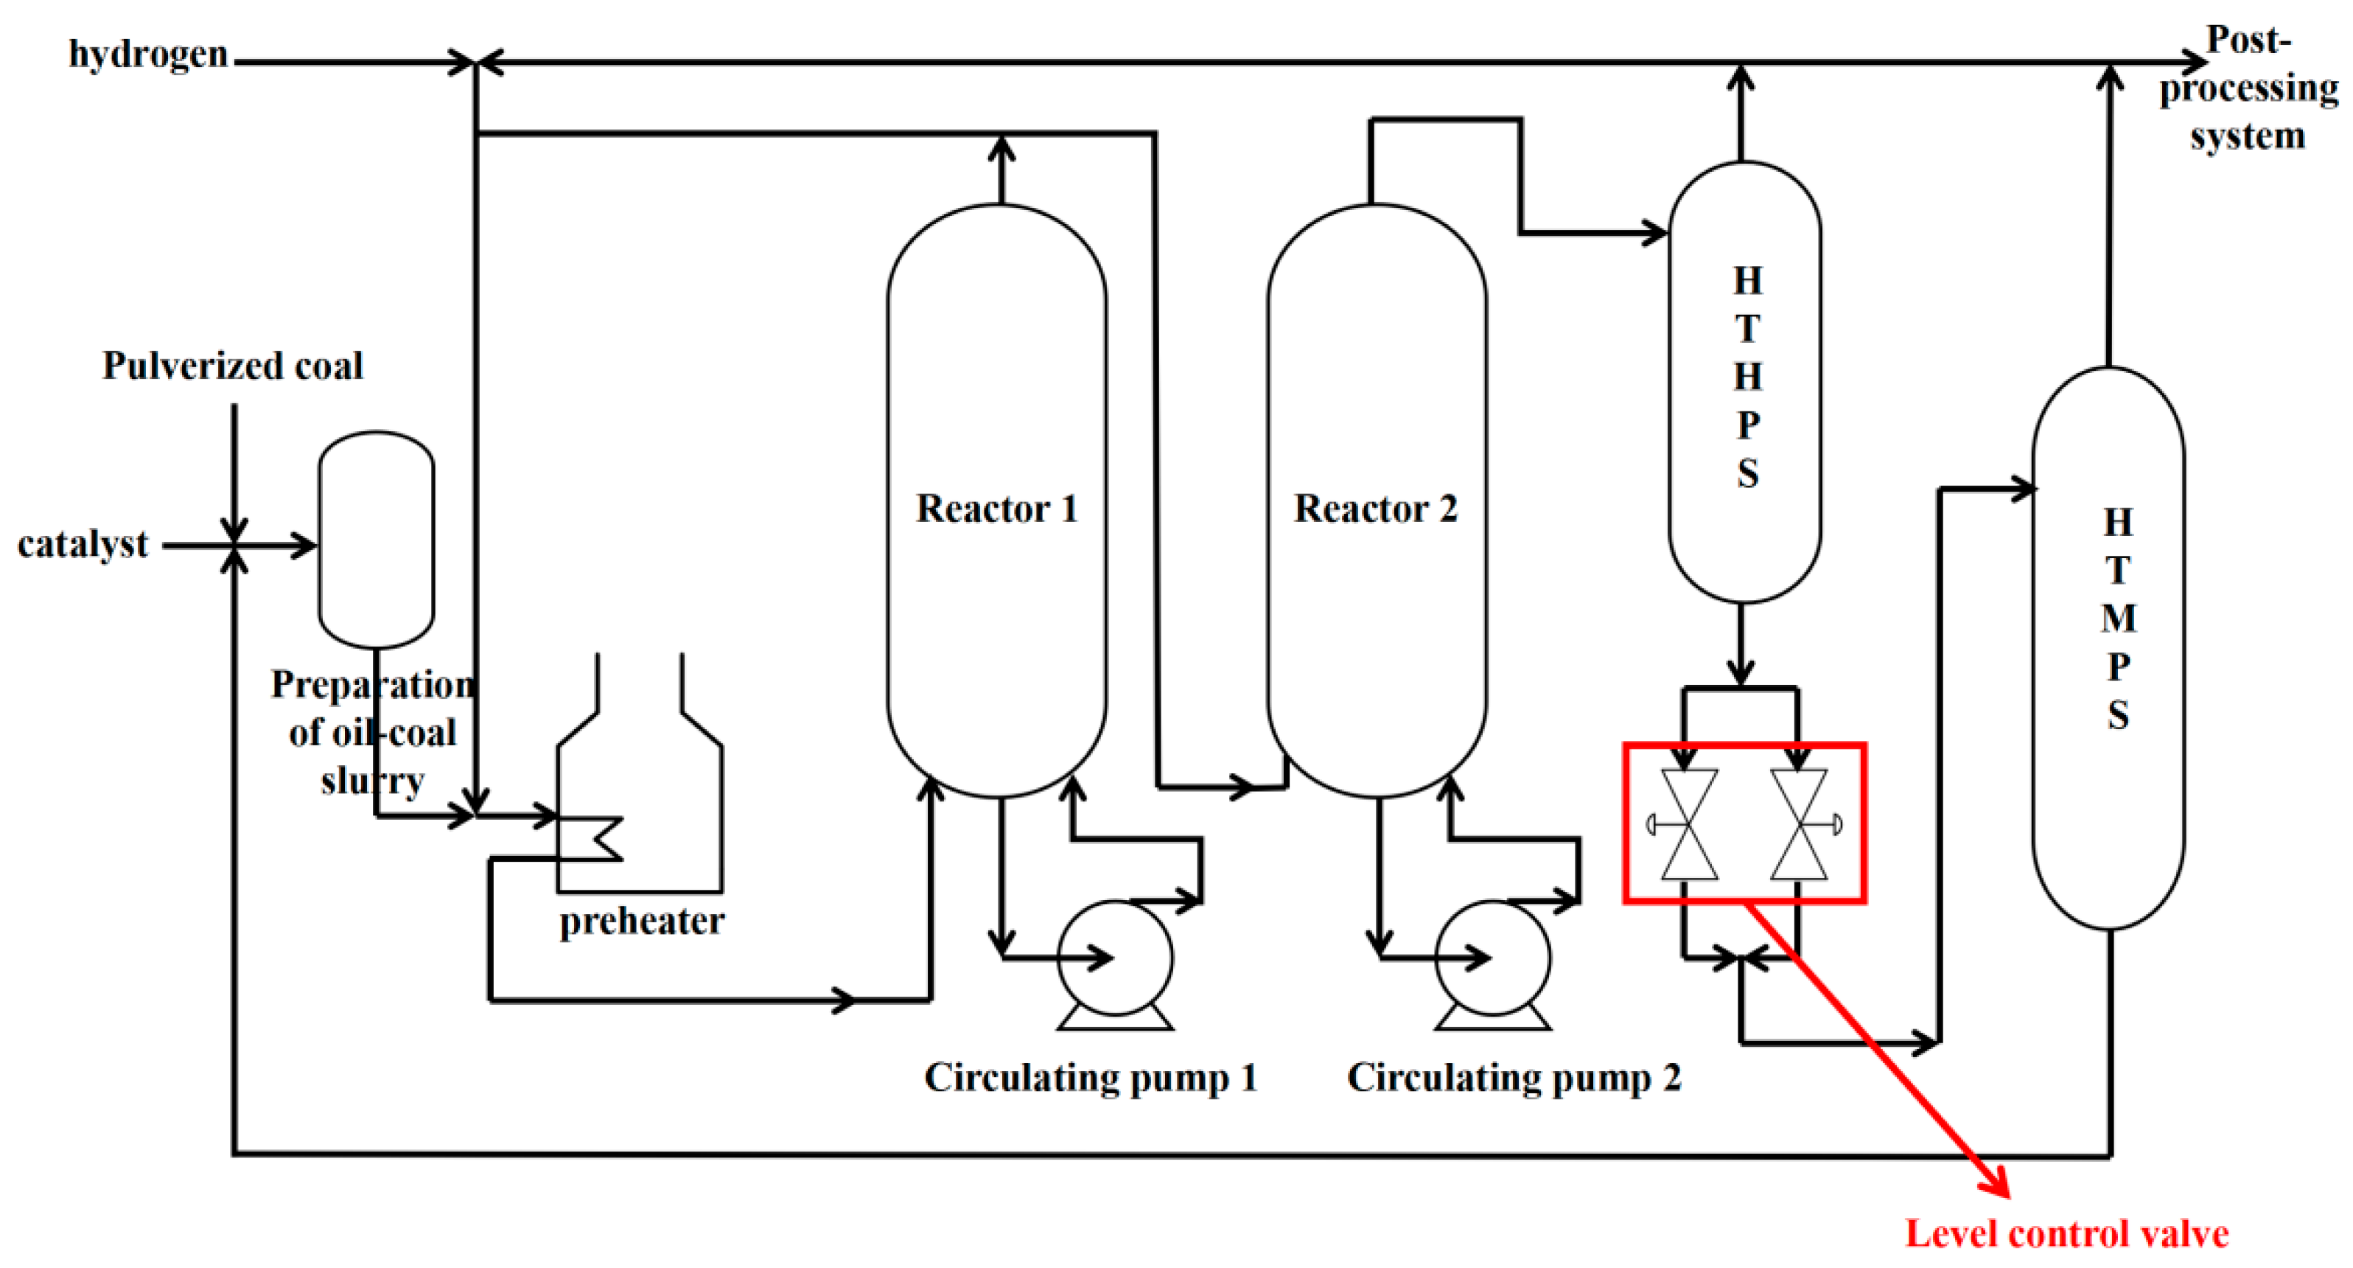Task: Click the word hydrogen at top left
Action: pyautogui.click(x=148, y=54)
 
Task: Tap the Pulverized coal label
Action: pyautogui.click(x=232, y=366)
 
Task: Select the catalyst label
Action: pyautogui.click(x=83, y=545)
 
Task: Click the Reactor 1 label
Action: pyautogui.click(x=996, y=509)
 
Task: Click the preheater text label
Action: pyautogui.click(x=641, y=921)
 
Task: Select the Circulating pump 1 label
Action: pyautogui.click(x=1091, y=1077)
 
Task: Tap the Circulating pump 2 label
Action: pyautogui.click(x=1514, y=1077)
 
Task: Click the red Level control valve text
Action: pyautogui.click(x=2066, y=1234)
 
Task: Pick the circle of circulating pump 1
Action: pyautogui.click(x=1114, y=958)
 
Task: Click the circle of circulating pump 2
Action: pyautogui.click(x=1492, y=958)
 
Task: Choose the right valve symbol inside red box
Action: pyautogui.click(x=1800, y=824)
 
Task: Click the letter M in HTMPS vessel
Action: pyautogui.click(x=2118, y=619)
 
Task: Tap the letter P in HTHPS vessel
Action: pyautogui.click(x=1747, y=425)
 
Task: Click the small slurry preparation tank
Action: pyautogui.click(x=377, y=539)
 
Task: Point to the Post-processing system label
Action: pyautogui.click(x=2248, y=88)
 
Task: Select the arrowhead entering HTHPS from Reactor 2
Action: pyautogui.click(x=1656, y=232)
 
